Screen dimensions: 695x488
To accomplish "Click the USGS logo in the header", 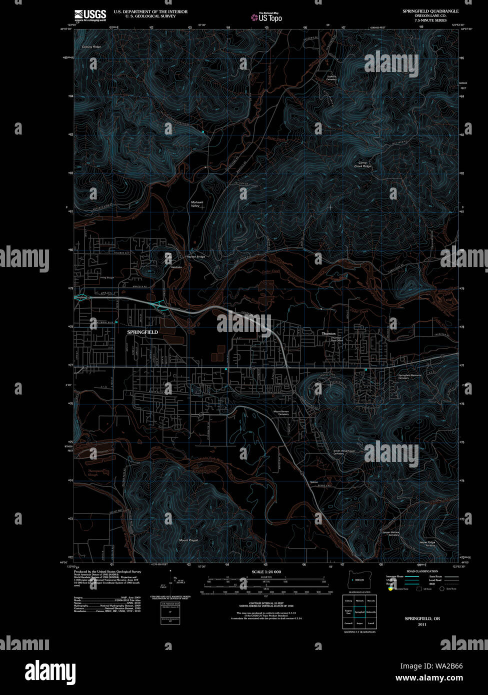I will click(90, 15).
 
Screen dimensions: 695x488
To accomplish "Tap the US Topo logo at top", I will click(266, 17).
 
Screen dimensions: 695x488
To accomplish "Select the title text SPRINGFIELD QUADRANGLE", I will click(430, 10).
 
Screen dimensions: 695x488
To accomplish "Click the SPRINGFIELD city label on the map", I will click(142, 332).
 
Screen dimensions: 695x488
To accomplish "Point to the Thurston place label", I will click(328, 333).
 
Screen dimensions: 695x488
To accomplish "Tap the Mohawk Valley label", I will click(195, 204).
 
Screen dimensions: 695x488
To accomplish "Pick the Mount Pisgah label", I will click(189, 540).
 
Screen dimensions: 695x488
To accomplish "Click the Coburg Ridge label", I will click(91, 47).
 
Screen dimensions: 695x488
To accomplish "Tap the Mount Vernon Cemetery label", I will click(281, 413).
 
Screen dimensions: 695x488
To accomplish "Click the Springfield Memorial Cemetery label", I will click(410, 376).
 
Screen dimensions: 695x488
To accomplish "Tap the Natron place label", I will click(314, 481).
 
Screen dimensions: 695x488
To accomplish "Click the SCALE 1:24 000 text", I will click(266, 571).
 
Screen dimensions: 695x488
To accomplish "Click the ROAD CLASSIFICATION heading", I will click(422, 571).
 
